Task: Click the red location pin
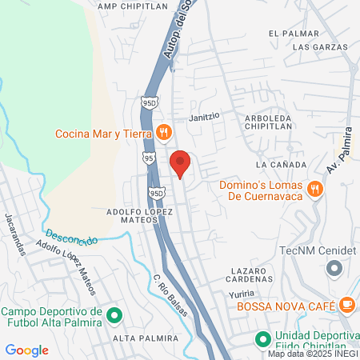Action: [x=181, y=163]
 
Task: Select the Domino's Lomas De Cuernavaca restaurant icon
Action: [x=316, y=190]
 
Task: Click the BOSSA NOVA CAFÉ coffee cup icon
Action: [x=346, y=304]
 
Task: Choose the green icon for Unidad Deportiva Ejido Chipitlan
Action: [x=262, y=340]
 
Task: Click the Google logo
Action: [x=27, y=350]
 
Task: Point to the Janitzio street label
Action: [x=203, y=117]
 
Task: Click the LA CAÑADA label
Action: [x=278, y=164]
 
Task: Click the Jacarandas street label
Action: [x=16, y=233]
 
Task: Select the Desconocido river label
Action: [x=72, y=238]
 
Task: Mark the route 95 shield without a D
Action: [x=150, y=159]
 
